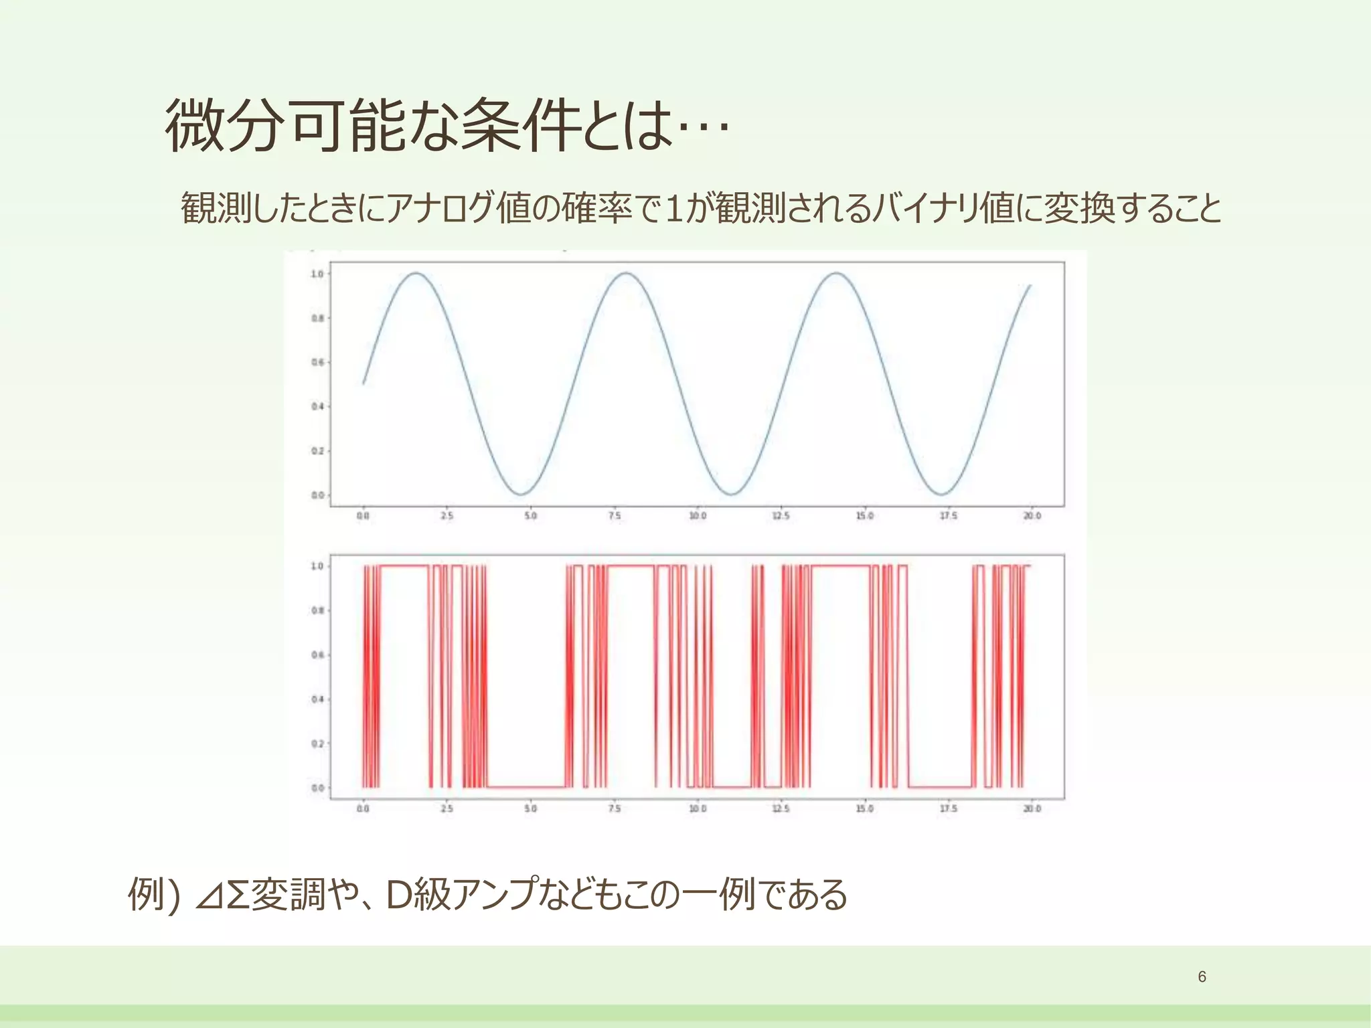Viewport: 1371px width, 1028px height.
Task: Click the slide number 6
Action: click(x=1202, y=977)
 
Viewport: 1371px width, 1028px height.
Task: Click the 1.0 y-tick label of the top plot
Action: click(x=317, y=274)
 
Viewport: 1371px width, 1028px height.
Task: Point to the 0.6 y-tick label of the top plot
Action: click(x=317, y=363)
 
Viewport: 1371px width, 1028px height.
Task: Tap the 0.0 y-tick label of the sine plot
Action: click(x=317, y=495)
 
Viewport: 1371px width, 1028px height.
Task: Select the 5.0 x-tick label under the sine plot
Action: click(x=530, y=516)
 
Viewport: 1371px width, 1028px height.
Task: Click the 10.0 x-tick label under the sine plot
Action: click(x=698, y=516)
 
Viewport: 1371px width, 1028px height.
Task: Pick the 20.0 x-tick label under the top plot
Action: click(x=1032, y=516)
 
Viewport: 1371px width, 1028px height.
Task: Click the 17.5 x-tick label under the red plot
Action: click(x=949, y=808)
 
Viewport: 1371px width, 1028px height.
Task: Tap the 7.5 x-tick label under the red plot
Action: click(x=614, y=808)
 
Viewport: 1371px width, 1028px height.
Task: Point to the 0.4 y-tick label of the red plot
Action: click(x=317, y=699)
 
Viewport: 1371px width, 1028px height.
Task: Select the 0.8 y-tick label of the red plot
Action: click(x=317, y=610)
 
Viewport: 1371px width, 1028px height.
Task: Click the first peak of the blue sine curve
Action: click(x=416, y=273)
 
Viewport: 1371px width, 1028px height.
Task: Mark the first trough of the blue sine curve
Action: click(x=521, y=495)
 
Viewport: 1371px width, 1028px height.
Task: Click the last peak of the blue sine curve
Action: click(x=836, y=273)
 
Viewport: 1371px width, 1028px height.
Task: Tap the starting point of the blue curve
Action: click(x=364, y=383)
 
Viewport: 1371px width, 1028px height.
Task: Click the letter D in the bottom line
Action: click(x=400, y=895)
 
